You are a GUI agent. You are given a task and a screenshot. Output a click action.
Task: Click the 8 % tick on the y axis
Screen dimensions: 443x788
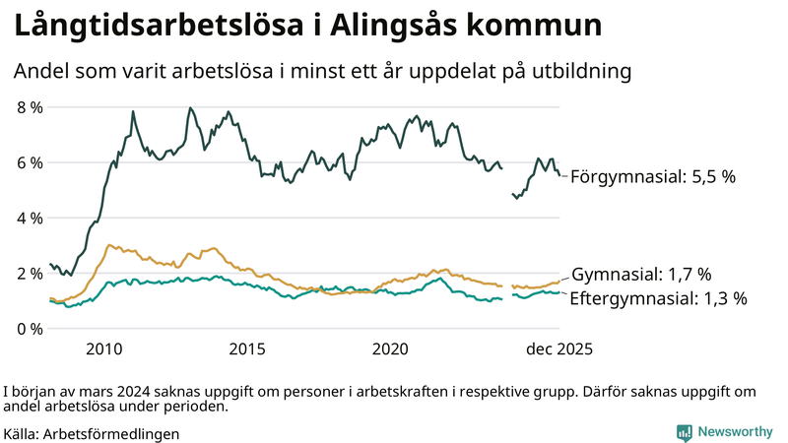pyautogui.click(x=29, y=107)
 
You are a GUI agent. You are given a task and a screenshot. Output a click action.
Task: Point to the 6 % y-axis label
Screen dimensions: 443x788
pyautogui.click(x=29, y=162)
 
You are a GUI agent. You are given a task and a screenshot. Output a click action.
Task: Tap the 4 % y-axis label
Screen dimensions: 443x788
pyautogui.click(x=29, y=218)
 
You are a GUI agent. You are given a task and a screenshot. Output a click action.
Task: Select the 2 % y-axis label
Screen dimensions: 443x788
pyautogui.click(x=29, y=273)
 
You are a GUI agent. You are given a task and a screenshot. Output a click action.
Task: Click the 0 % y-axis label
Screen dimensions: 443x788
pyautogui.click(x=29, y=328)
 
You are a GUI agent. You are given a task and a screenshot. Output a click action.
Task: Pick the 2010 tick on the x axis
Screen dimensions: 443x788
pyautogui.click(x=103, y=348)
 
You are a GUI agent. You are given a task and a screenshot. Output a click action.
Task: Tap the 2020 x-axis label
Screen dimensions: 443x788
pyautogui.click(x=391, y=348)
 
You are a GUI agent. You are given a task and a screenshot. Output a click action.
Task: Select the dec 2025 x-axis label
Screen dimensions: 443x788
pyautogui.click(x=558, y=348)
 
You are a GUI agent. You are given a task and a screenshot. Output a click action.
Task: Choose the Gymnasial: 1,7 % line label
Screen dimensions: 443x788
pyautogui.click(x=641, y=275)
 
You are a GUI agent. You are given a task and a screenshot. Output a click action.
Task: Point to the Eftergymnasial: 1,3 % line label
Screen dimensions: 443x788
pyautogui.click(x=659, y=297)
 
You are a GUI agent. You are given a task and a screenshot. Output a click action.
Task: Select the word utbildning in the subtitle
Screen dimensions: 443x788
pyautogui.click(x=581, y=72)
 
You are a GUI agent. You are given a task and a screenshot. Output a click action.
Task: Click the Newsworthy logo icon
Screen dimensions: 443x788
pyautogui.click(x=684, y=432)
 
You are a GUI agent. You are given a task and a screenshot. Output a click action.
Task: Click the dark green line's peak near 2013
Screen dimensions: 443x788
pyautogui.click(x=190, y=108)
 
